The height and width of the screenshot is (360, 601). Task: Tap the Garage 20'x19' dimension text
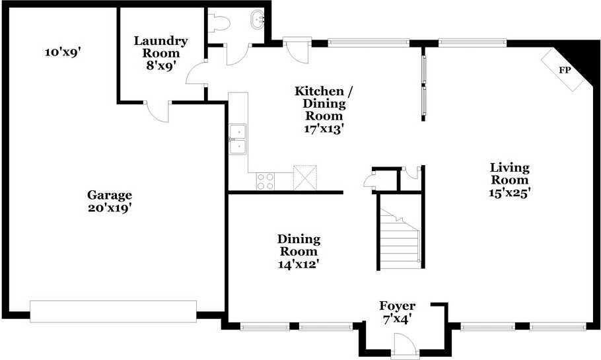tap(110, 207)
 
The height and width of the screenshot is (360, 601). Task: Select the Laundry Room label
tap(160, 46)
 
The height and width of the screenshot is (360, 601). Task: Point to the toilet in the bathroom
tap(219, 22)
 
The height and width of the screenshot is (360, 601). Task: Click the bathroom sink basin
tap(256, 20)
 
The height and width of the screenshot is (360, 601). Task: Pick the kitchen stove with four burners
tap(265, 181)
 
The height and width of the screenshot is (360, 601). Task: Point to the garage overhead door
tap(114, 312)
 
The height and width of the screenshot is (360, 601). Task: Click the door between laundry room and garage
tap(159, 111)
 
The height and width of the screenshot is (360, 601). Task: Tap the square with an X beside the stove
tap(304, 177)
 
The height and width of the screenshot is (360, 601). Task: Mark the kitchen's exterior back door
tap(295, 49)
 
